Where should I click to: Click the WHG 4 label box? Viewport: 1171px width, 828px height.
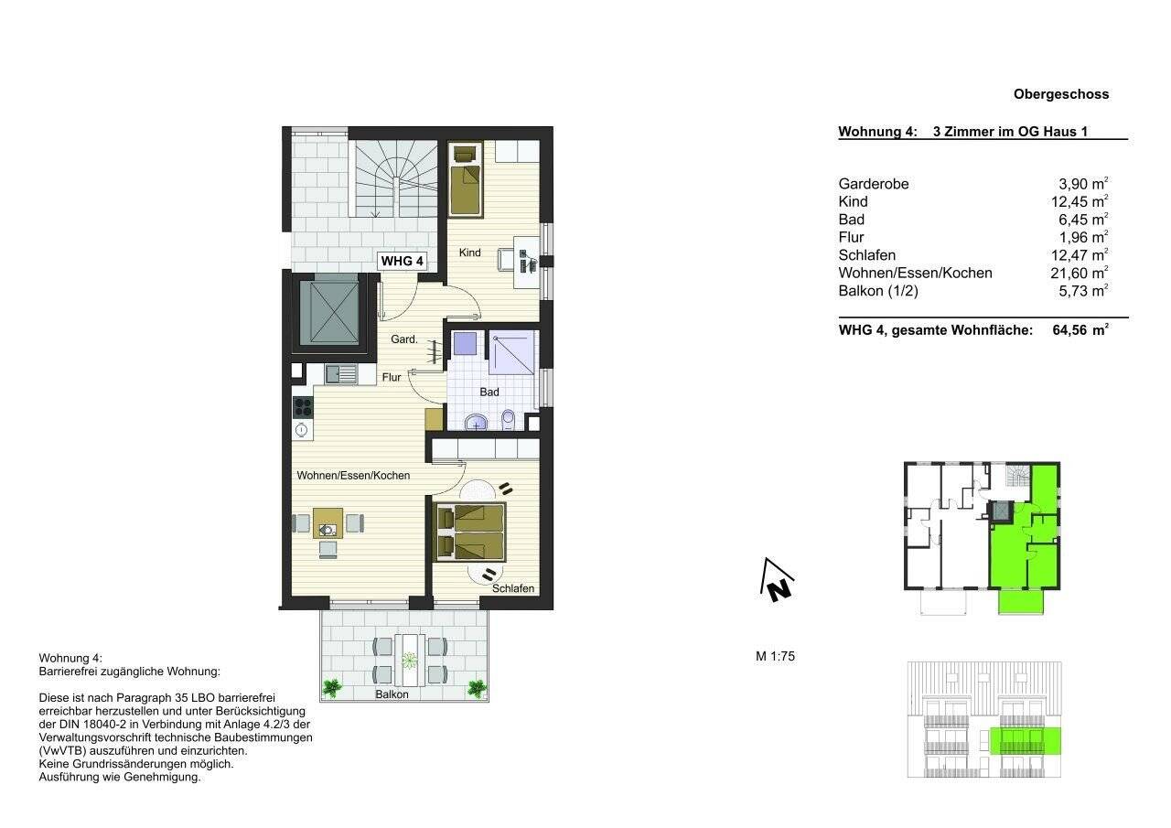[x=402, y=261]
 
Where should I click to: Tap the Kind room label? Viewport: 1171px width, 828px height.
[x=469, y=253]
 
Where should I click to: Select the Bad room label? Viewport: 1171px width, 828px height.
[x=489, y=392]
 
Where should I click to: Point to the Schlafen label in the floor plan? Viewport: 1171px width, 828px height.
[x=513, y=588]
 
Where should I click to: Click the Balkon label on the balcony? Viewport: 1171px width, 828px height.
[x=392, y=694]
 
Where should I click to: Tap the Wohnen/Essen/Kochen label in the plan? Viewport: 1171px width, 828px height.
[x=353, y=476]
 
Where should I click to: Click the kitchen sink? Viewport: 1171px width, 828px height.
[x=340, y=374]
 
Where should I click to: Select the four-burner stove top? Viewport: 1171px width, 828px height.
[x=303, y=407]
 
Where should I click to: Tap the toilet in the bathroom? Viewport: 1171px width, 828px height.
[x=508, y=419]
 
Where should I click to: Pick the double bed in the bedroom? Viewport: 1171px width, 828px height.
[x=470, y=532]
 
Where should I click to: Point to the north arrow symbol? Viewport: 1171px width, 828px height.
[x=777, y=580]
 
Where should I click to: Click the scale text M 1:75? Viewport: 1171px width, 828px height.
[x=775, y=656]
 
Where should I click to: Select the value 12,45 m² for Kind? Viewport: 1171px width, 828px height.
[x=1080, y=201]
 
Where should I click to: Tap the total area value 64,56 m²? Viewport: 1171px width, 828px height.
[x=1080, y=330]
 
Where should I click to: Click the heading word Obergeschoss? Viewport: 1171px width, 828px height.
[x=1061, y=94]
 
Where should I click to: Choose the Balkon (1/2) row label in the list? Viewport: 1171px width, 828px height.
[x=878, y=291]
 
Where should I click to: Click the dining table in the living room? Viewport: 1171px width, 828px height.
[x=328, y=523]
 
